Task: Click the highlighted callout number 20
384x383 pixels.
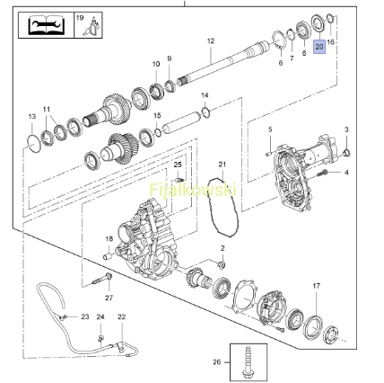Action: (319, 47)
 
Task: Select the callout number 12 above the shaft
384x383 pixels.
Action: (211, 40)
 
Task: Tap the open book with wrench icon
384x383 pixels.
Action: (46, 25)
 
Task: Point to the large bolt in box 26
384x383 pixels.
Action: (248, 362)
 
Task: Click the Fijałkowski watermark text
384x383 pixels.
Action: (193, 190)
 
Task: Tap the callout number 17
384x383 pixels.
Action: (317, 286)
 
